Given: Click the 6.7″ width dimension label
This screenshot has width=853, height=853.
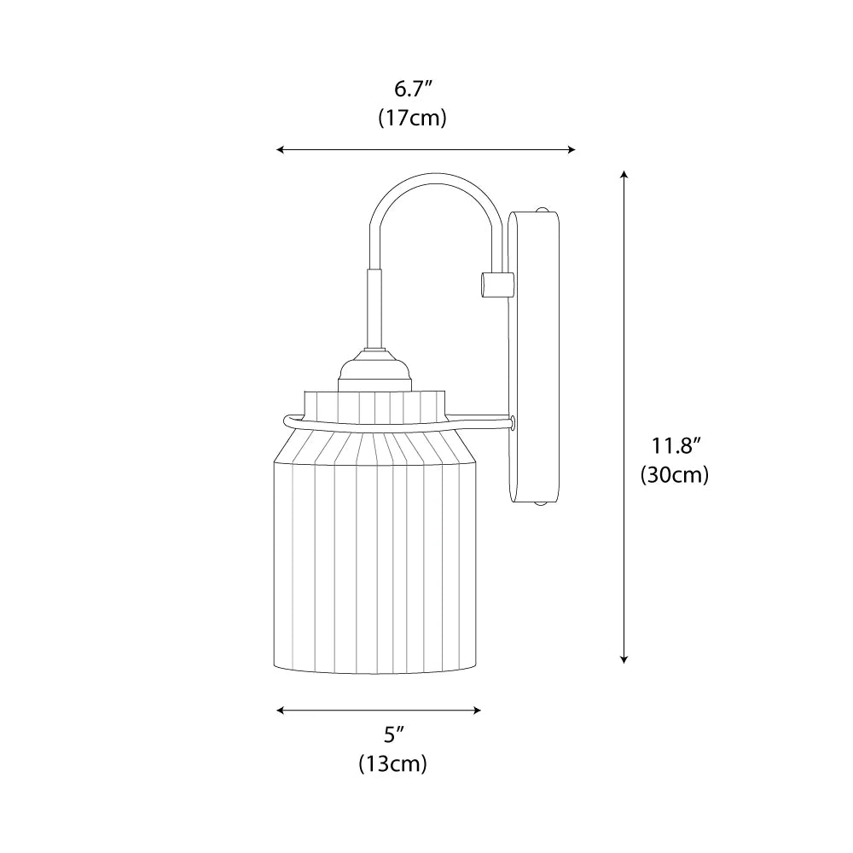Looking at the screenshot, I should [x=413, y=89].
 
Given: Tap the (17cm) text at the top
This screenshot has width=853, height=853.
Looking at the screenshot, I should [x=413, y=119].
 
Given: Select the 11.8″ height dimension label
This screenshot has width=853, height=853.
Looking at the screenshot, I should [x=676, y=445].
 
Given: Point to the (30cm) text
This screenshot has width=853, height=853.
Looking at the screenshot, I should [x=676, y=475].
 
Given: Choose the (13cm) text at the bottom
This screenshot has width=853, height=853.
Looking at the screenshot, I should [x=392, y=764].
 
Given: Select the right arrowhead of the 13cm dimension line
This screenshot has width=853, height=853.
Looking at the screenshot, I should [x=478, y=710].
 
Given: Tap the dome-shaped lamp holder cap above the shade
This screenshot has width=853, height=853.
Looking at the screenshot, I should [x=374, y=370].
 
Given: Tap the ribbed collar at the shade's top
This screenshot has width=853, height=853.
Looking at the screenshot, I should [x=375, y=405].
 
